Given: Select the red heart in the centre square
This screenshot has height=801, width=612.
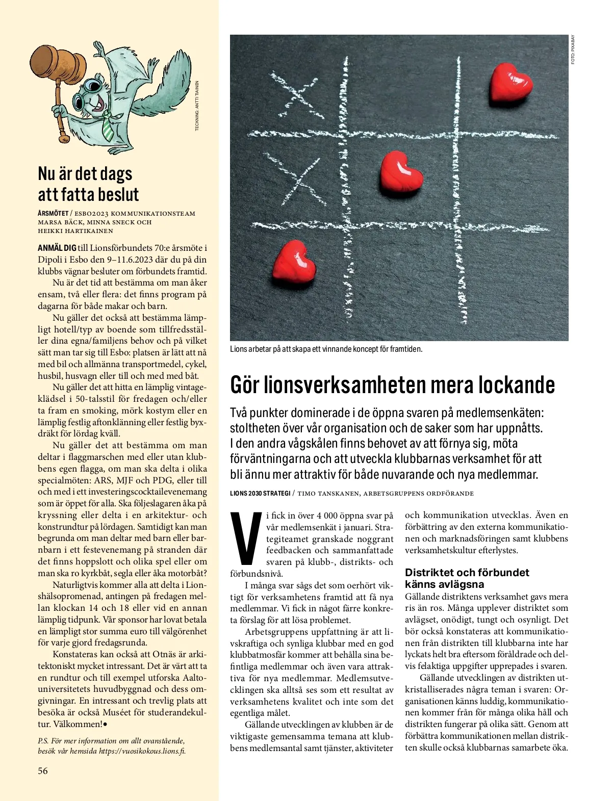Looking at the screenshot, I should [402, 172].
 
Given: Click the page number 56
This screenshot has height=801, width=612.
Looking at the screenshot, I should [43, 770].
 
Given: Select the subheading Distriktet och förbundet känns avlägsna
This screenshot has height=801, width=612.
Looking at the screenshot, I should [467, 578].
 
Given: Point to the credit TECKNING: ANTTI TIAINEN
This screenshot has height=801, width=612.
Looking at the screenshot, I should [197, 106].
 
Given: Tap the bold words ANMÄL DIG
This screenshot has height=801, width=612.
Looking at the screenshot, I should [57, 248].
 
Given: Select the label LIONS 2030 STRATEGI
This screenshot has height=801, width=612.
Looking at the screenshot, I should [260, 494].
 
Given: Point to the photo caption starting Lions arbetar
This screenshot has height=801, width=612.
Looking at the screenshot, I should [326, 349].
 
